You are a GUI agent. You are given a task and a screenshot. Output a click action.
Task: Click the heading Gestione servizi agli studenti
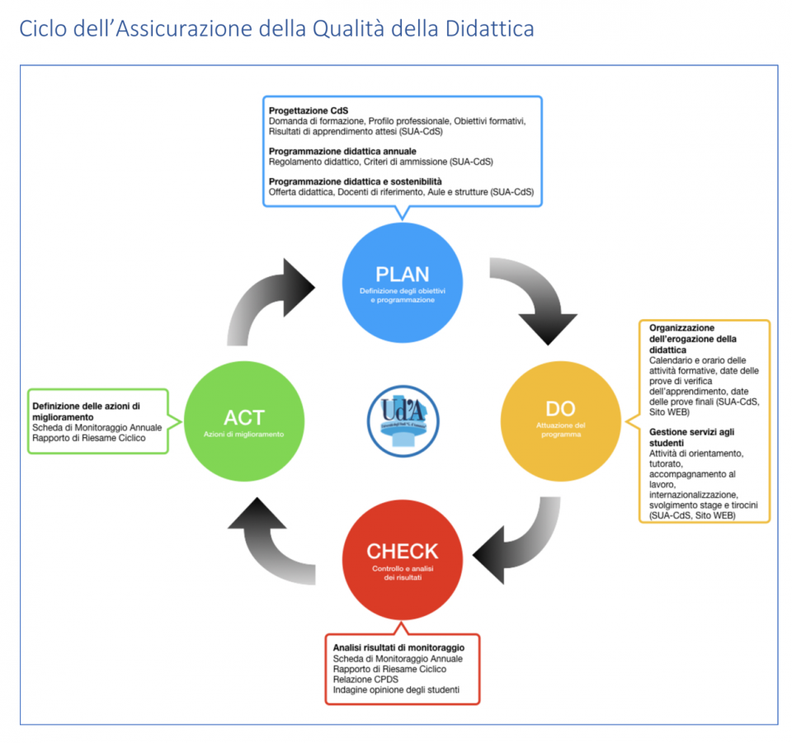pos(691,437)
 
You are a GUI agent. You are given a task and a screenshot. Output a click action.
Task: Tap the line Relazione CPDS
pos(365,680)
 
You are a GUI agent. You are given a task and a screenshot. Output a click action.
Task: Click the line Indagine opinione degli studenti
pos(395,690)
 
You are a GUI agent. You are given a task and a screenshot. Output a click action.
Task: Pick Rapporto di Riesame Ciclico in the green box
pos(88,438)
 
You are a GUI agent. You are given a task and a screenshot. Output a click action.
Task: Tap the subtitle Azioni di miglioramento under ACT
pos(243,434)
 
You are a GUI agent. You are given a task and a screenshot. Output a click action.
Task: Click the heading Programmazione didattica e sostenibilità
pos(356,181)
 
